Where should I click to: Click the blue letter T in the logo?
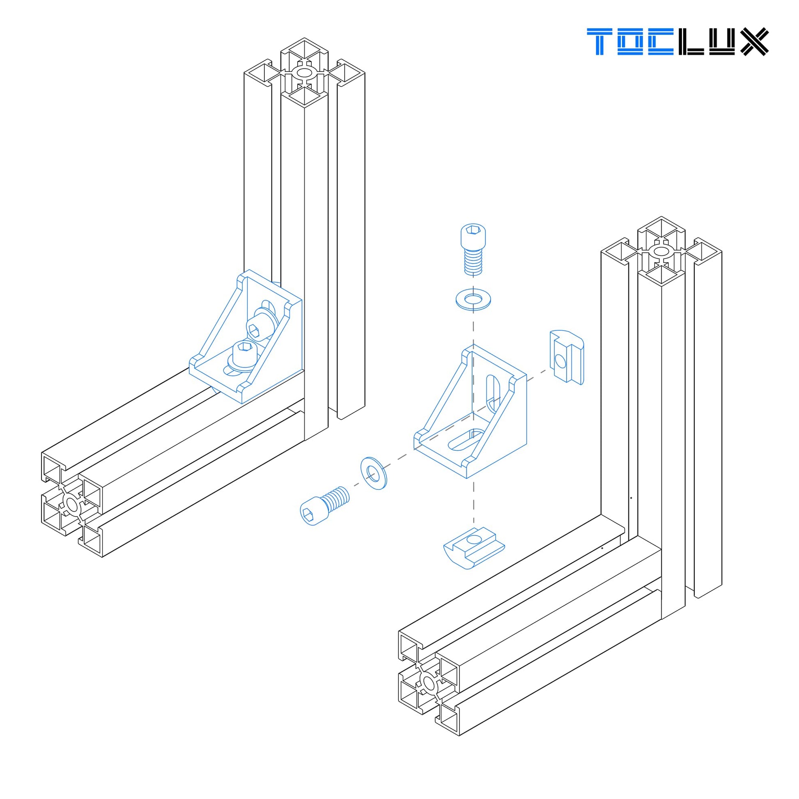[600, 41]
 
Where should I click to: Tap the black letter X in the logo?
[754, 41]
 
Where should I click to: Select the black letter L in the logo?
[691, 41]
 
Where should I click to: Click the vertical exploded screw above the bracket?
[473, 249]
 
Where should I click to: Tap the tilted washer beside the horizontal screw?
[374, 473]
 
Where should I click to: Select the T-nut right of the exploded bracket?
[567, 357]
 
